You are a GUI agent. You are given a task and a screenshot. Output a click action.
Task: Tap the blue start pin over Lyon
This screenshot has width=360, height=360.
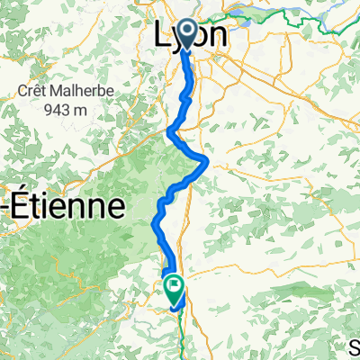(x=187, y=34)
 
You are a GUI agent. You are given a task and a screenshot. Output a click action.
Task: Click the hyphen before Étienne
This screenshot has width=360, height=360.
(x=5, y=207)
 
